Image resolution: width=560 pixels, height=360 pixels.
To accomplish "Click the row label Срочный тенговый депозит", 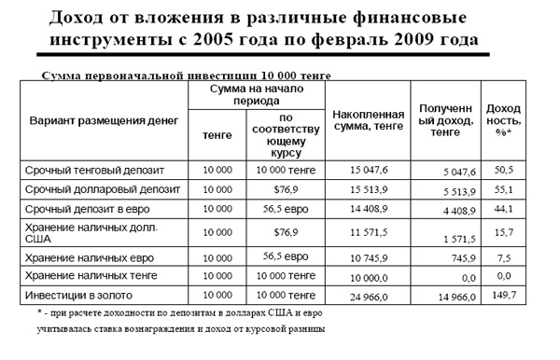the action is tap(89, 171).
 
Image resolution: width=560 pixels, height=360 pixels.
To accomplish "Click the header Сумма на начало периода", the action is tap(255, 92).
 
